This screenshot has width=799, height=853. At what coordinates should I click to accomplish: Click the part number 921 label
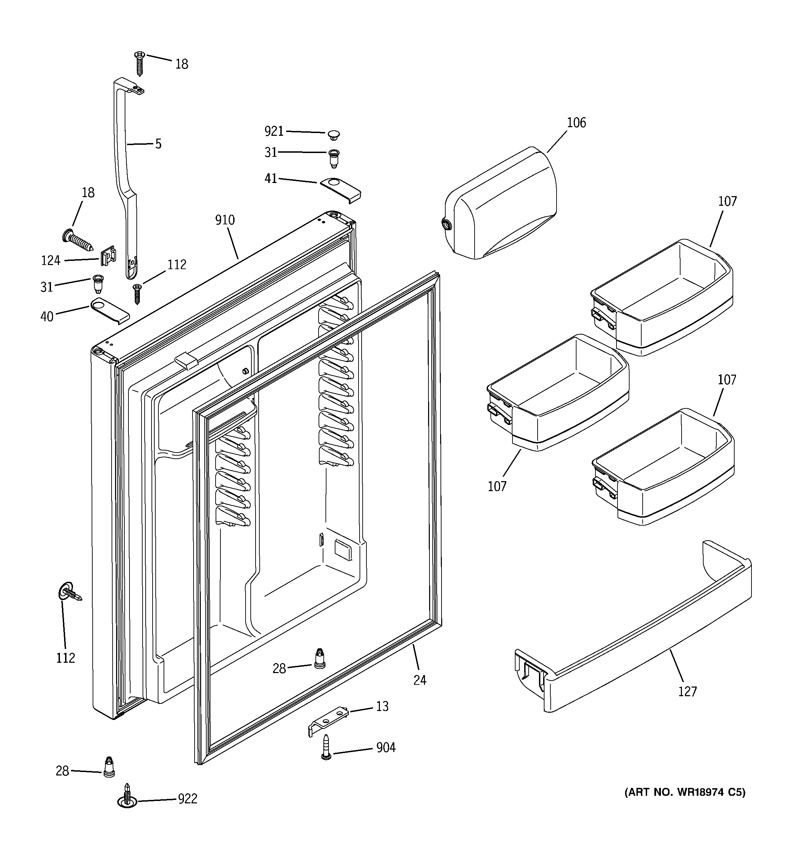coord(274,131)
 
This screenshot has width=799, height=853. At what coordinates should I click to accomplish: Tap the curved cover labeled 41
coord(341,189)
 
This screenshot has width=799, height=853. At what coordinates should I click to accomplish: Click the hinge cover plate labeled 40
coord(110,311)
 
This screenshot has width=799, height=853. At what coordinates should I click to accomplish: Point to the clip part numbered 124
coord(108,256)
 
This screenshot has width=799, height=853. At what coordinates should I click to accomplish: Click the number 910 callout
coord(225,220)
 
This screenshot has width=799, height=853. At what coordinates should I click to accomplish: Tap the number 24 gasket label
coord(419,680)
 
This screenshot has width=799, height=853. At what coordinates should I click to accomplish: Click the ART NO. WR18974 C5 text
coord(685,792)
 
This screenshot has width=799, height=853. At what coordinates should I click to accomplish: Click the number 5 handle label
coord(158,144)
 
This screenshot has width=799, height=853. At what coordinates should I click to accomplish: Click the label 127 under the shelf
coord(687,691)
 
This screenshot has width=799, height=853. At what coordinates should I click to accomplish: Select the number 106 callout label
coord(576,123)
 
